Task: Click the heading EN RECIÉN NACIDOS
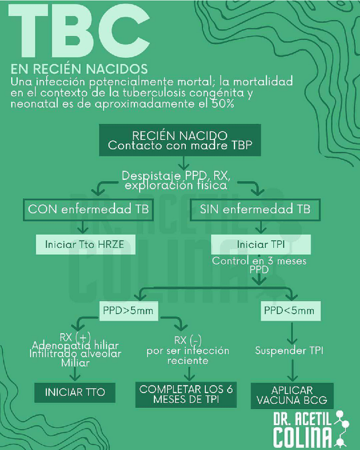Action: coord(79,70)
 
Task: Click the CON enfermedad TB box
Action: coord(88,209)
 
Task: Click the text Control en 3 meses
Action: coord(259,261)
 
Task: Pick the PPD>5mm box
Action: coord(129,310)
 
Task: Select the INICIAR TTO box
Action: coord(75,393)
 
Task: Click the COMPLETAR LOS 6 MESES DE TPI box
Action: coord(186,394)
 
